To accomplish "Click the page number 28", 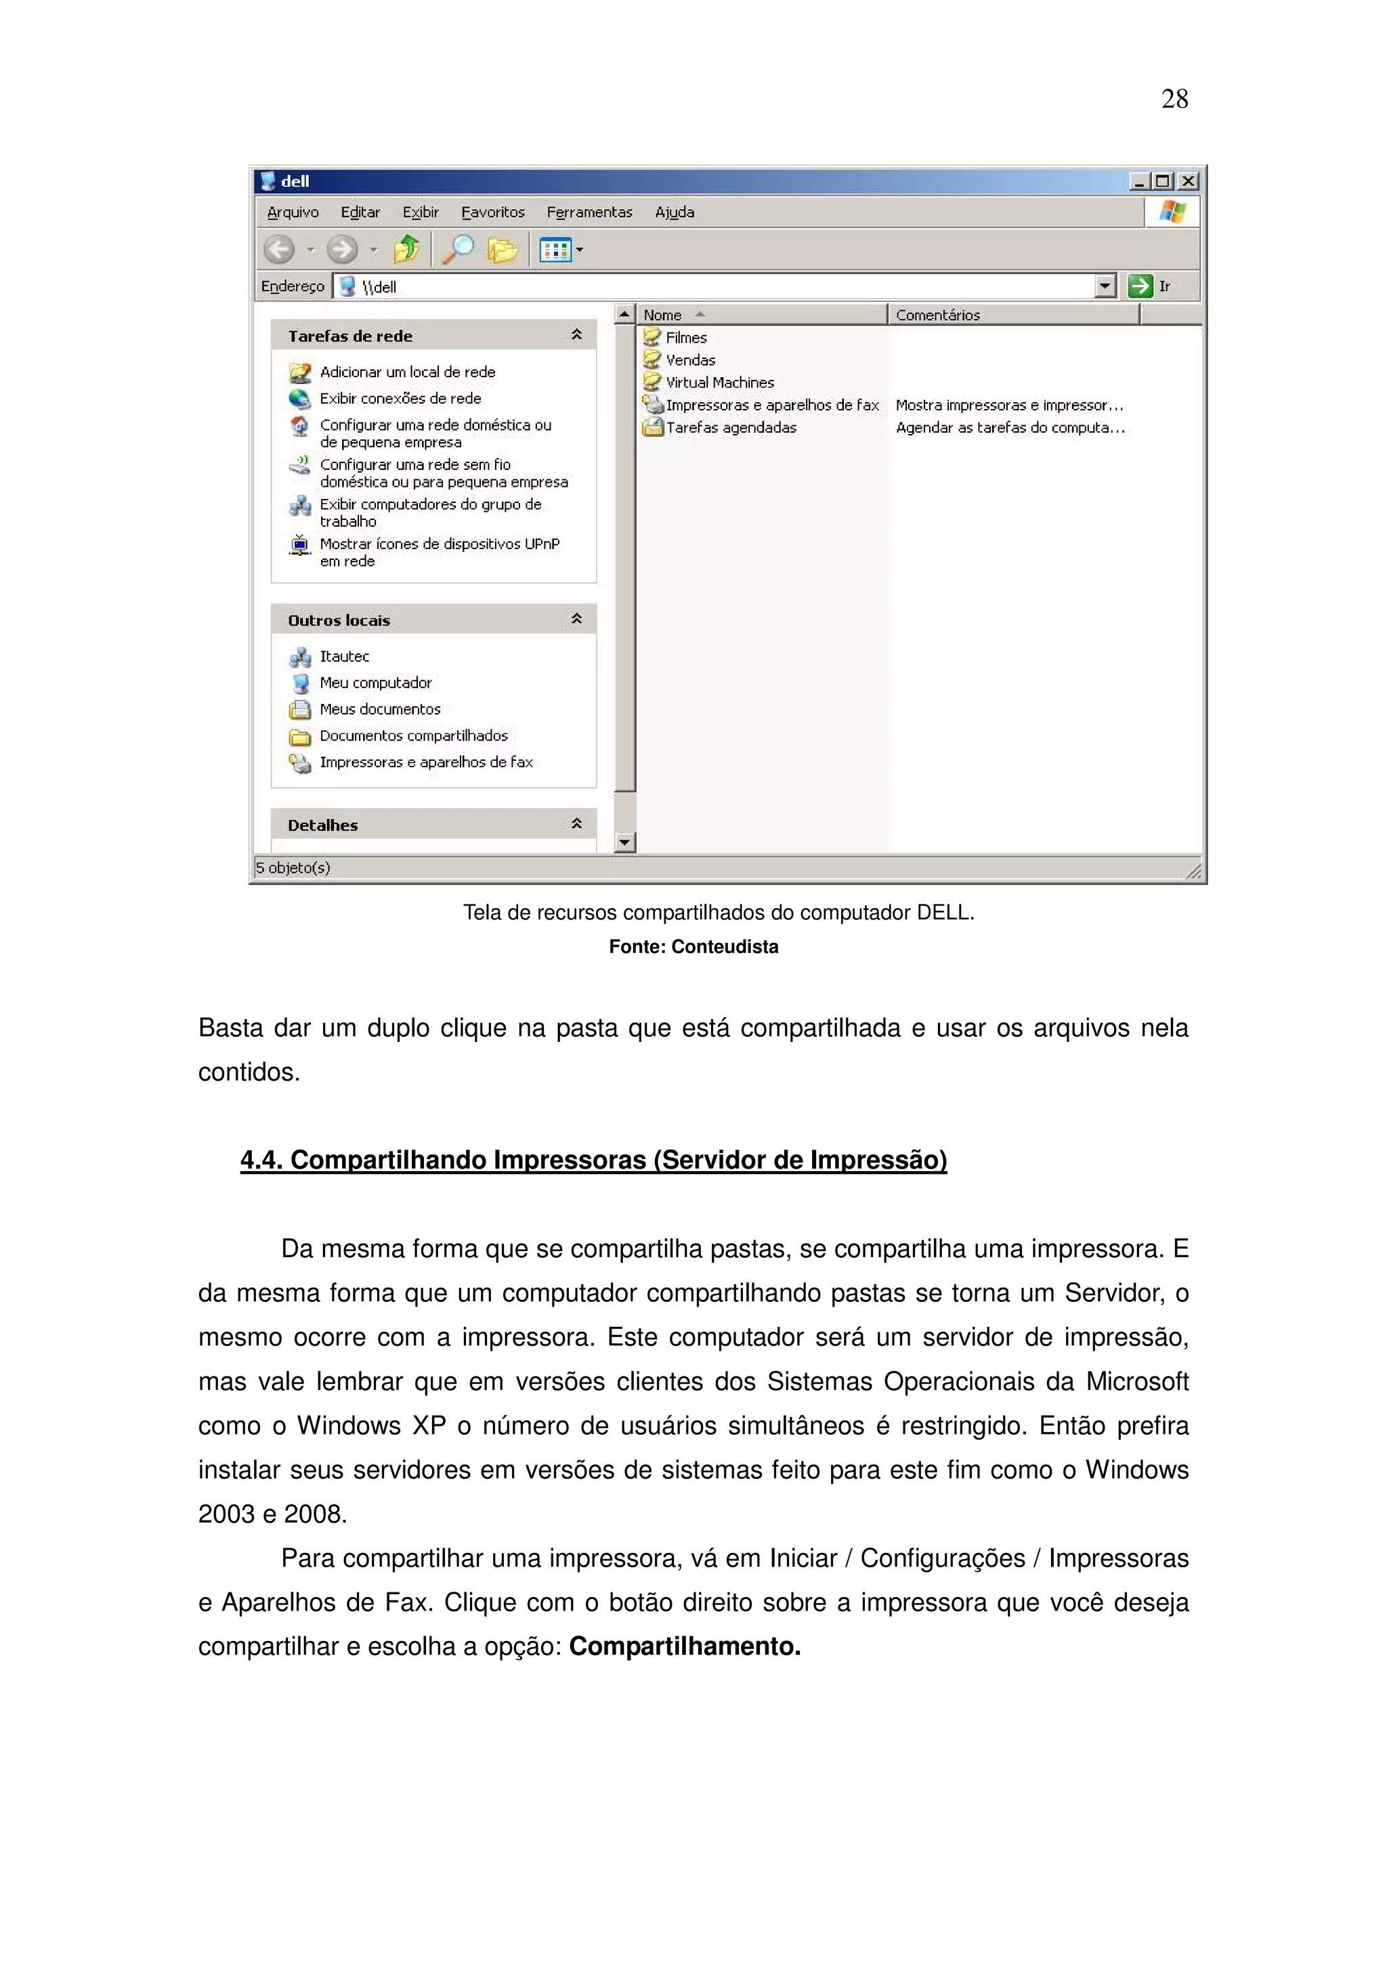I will coord(1174,99).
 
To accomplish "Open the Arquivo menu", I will coord(293,212).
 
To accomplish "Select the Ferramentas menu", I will coord(589,212).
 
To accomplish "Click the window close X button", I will coord(1187,181).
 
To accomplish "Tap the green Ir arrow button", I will coord(1140,286).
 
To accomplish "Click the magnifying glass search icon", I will coord(457,250).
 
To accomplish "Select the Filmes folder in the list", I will coord(685,338).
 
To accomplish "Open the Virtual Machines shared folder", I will coord(719,383).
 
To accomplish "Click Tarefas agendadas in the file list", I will coord(730,427).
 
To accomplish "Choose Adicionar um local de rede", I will coord(407,372).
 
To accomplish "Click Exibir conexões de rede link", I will coord(400,398).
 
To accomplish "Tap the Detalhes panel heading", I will coord(323,825).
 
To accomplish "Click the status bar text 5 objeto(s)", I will coord(293,867).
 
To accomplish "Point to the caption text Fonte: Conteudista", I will coord(693,947).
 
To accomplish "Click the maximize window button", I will coord(1162,181).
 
